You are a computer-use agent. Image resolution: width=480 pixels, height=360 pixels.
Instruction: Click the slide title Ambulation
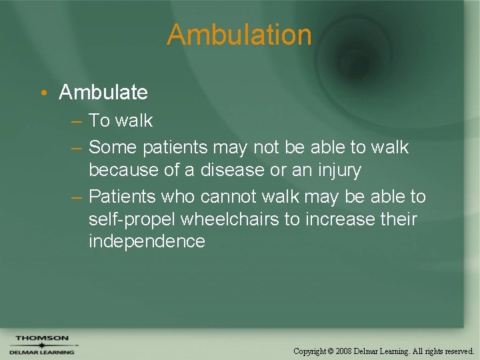tap(239, 35)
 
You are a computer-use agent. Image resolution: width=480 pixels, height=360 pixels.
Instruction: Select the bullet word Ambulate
tap(103, 92)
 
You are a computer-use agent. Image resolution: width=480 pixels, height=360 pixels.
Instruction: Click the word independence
tap(147, 241)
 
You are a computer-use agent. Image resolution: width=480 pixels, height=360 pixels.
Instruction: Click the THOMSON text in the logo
tap(42, 338)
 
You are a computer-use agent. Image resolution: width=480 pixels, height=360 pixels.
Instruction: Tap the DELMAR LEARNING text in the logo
tap(42, 352)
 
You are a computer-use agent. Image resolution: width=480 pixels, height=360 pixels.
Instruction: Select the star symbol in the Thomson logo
tap(41, 345)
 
